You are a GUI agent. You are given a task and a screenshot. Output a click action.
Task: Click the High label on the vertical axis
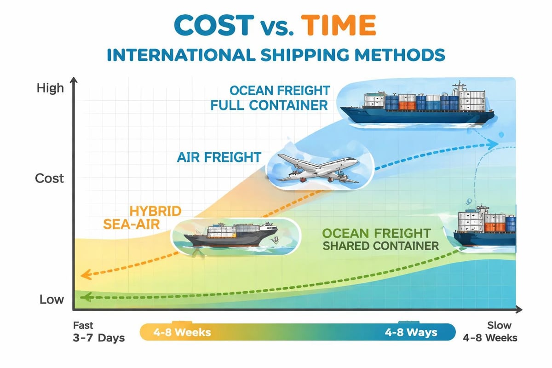coord(50,88)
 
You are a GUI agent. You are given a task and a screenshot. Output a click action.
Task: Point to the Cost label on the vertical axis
coord(49,178)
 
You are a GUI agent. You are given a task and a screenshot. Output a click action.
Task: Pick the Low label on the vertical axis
coord(52,300)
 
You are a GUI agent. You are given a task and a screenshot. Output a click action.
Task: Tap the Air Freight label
coord(219,157)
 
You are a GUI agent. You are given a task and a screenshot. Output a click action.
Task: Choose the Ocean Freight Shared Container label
coord(380,239)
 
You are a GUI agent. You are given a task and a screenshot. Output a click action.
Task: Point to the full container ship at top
coord(416,105)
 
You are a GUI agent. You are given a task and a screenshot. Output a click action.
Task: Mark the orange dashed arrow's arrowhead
coord(83,276)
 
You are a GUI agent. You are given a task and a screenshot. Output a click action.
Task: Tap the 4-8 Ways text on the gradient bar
coord(411,332)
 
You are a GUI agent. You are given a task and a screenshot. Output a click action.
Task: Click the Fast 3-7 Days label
coord(98,332)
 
